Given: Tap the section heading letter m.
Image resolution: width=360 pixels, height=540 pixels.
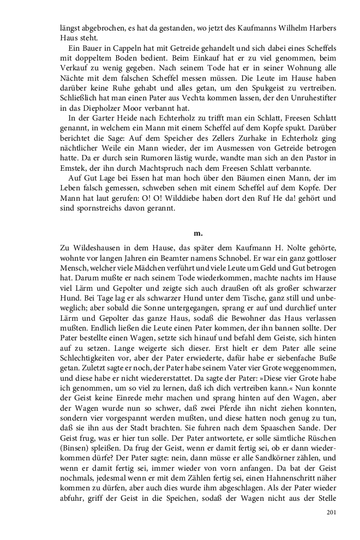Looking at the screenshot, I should click(x=198, y=233).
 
